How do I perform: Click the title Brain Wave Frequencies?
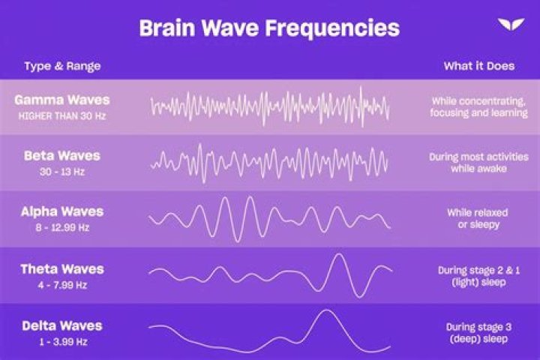coord(269,28)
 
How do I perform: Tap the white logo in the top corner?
coord(511,25)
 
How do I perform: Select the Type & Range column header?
coord(62,66)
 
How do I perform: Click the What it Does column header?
coord(479,66)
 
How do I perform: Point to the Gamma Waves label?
coord(62,100)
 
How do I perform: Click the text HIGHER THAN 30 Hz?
coord(62,115)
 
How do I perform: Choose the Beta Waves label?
coord(62,156)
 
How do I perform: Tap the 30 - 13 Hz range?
coord(62,172)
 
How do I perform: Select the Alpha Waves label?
coord(62,211)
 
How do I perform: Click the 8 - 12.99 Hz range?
coord(62,227)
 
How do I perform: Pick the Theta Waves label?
coord(62,269)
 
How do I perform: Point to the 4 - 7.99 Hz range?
coord(62,285)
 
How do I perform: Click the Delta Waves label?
coord(62,326)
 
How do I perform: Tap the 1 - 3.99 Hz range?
coord(63,342)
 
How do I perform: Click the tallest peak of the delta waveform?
coord(326,310)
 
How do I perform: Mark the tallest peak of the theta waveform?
coord(339,254)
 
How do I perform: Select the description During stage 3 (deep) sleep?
coord(478,333)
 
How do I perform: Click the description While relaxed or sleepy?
coord(478,218)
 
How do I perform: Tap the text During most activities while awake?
coord(478,163)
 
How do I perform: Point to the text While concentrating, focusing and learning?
coord(478,106)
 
